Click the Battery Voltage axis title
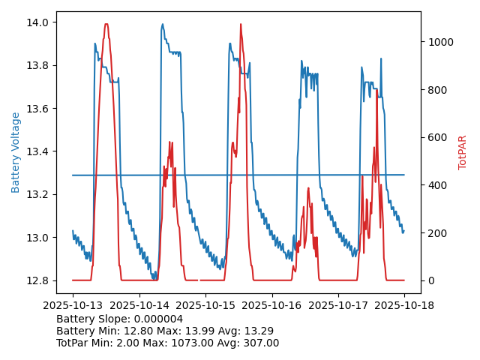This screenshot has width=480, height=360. click(16, 152)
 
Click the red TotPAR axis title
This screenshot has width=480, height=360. click(463, 152)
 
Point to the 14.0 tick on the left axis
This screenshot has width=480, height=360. click(38, 22)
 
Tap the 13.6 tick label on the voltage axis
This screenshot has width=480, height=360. click(38, 109)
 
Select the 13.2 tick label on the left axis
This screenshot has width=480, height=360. click(38, 195)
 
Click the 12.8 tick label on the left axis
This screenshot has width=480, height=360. click(38, 281)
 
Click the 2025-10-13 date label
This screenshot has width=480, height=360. click(73, 305)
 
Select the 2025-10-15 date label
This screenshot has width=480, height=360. click(205, 305)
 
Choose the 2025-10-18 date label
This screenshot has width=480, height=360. click(404, 305)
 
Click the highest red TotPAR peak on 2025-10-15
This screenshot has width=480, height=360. click(241, 24)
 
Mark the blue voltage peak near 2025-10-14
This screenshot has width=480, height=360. click(162, 24)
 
